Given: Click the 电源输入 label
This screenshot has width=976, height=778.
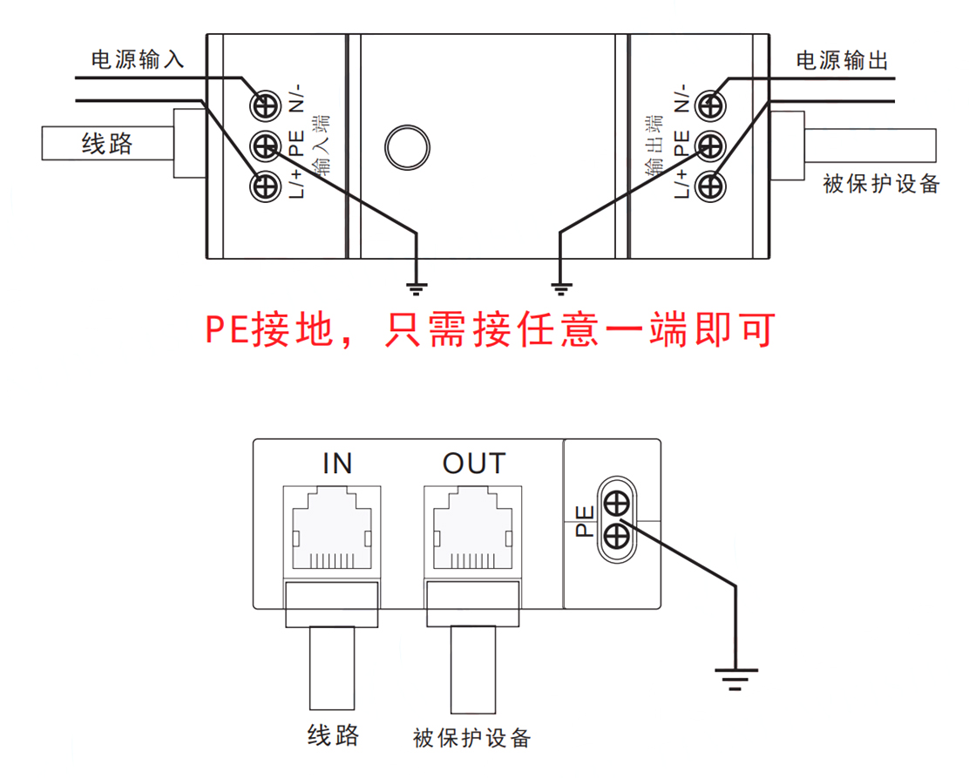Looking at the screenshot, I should (x=138, y=60).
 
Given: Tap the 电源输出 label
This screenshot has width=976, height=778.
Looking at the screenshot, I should (x=842, y=60).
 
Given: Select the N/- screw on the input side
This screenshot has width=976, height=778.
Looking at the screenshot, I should (x=264, y=106).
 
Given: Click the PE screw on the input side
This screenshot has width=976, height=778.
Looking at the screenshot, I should (x=264, y=146).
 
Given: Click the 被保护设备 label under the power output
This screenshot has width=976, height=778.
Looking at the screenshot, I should (x=881, y=184).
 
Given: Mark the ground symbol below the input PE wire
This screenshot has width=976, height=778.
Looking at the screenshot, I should (x=418, y=284).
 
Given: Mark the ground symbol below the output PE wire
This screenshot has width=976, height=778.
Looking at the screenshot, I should (x=560, y=284).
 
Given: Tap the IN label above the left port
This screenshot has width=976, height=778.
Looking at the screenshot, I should (x=336, y=463).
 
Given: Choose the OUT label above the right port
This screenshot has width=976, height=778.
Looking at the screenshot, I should (x=473, y=463).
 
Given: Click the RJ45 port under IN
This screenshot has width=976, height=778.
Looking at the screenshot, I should (x=331, y=531).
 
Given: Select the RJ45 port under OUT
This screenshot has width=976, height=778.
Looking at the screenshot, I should (x=471, y=531).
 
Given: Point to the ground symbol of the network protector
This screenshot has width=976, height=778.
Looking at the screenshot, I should (x=736, y=676).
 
